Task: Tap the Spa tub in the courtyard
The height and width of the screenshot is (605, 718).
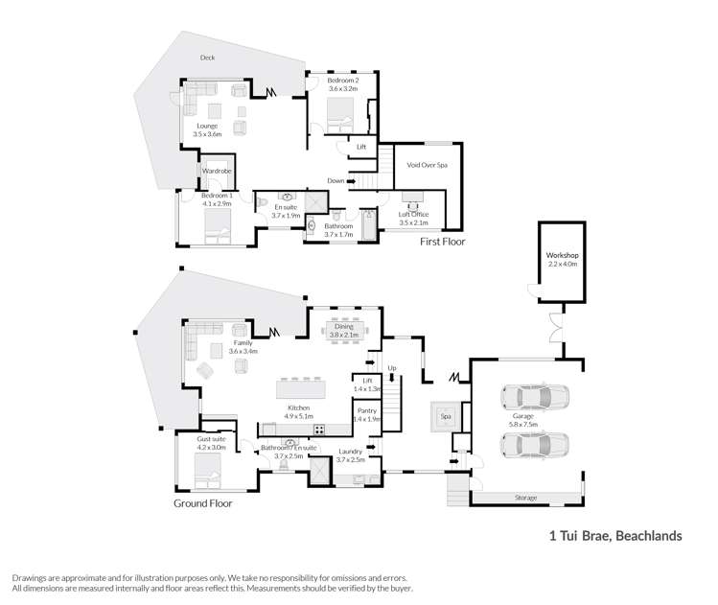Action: [444, 417]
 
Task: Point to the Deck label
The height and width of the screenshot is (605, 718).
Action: [207, 58]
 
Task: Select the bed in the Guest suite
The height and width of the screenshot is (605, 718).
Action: [207, 469]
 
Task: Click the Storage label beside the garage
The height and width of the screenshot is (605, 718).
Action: [524, 498]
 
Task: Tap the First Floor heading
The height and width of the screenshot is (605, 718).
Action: [442, 242]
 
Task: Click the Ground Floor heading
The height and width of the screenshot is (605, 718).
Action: [202, 502]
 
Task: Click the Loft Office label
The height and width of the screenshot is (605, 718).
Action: [413, 214]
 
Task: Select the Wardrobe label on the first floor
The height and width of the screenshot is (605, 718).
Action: [217, 172]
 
